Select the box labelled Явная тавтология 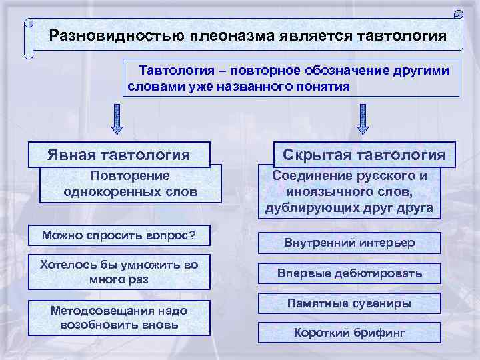tap(119, 155)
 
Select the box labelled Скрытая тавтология tap(364, 155)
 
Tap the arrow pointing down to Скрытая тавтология tap(363, 118)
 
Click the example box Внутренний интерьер tap(349, 243)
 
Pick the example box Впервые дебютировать tap(349, 273)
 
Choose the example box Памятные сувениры tap(349, 303)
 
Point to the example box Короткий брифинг tap(349, 333)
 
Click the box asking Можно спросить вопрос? tap(119, 235)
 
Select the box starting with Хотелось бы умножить tap(119, 271)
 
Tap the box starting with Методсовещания tap(119, 318)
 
